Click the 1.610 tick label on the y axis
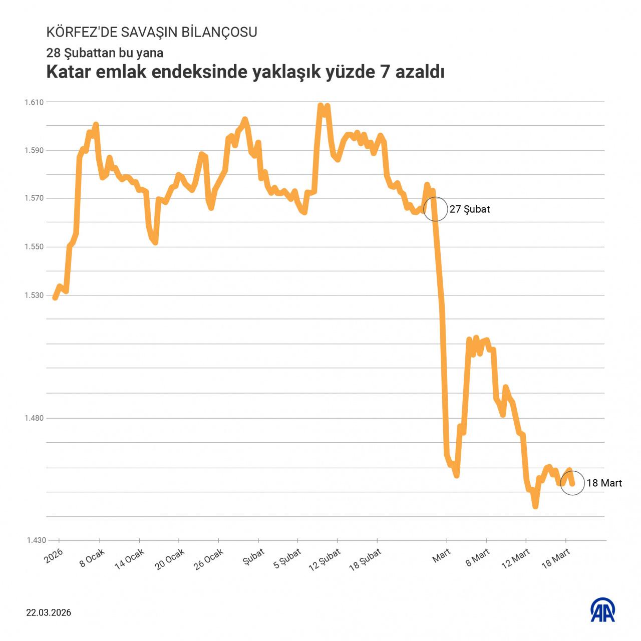point(34,102)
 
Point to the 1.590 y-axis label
point(34,150)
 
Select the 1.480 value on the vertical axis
point(34,418)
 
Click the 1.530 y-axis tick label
point(34,295)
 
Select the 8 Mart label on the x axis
point(477,557)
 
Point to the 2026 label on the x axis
point(54,555)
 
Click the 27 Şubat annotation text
point(470,209)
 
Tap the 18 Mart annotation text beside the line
point(604,483)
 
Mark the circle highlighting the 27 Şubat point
point(435,209)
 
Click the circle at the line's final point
point(572,483)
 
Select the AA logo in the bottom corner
point(603,610)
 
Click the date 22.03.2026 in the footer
point(49,612)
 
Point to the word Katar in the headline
point(68,72)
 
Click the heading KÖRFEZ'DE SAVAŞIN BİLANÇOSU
point(152,32)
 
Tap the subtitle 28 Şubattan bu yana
point(105,53)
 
